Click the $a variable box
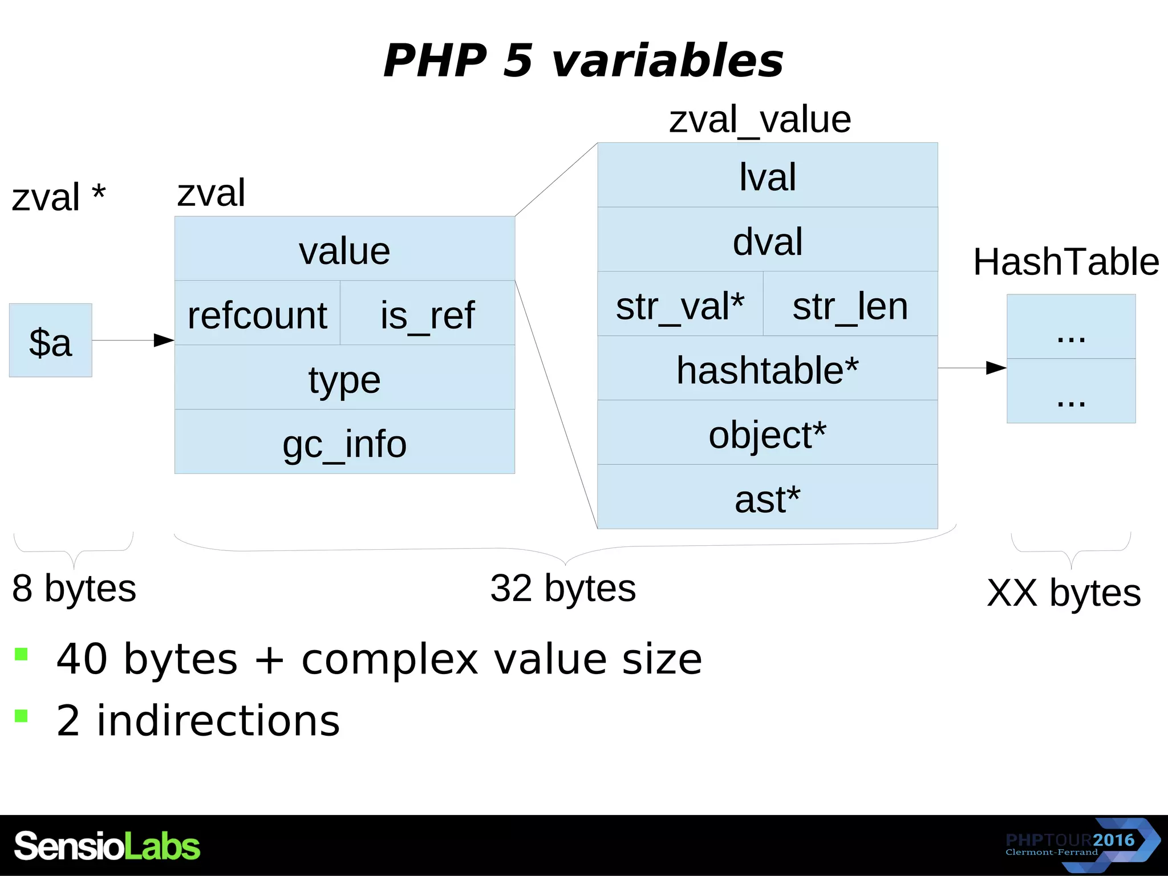click(x=50, y=340)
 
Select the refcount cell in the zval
click(x=257, y=313)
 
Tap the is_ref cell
click(x=427, y=313)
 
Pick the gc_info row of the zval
click(x=344, y=442)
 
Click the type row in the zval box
click(x=344, y=378)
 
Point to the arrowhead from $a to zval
click(x=164, y=340)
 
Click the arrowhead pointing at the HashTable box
click(x=996, y=368)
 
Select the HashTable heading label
click(x=1065, y=262)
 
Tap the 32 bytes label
click(x=563, y=588)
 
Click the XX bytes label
click(x=1064, y=593)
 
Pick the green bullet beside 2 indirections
click(x=22, y=716)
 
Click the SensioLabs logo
click(x=107, y=846)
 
